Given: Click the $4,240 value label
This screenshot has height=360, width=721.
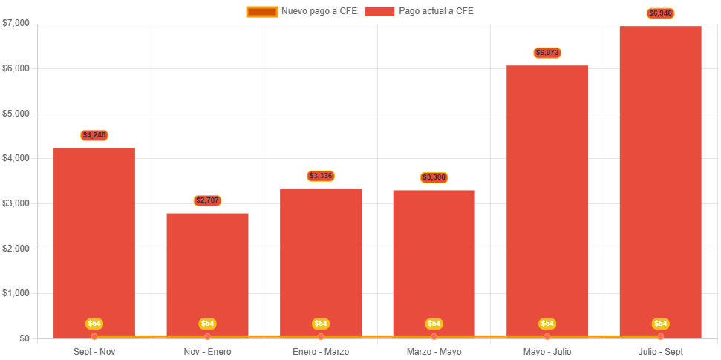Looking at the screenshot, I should click(x=94, y=135).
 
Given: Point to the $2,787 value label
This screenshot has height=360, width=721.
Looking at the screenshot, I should click(x=207, y=200).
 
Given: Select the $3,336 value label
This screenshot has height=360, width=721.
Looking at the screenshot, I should click(x=321, y=176).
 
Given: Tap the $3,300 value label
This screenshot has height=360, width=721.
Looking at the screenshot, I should click(x=434, y=177).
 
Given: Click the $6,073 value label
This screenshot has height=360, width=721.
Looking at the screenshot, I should click(x=547, y=53).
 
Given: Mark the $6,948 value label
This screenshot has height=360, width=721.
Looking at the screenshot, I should click(x=660, y=13).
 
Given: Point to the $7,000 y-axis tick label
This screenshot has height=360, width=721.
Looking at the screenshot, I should click(x=16, y=23).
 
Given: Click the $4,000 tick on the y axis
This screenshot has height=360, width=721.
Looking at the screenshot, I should click(x=16, y=158).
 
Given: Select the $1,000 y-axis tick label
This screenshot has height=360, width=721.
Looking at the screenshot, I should click(x=16, y=293).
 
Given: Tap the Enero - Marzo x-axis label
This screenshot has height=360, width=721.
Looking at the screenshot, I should click(x=321, y=351).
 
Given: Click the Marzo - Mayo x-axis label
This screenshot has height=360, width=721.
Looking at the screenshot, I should click(x=434, y=351).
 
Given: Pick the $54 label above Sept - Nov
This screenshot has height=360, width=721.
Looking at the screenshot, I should click(x=94, y=324).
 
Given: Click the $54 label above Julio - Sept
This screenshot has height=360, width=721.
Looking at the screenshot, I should click(x=660, y=324).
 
